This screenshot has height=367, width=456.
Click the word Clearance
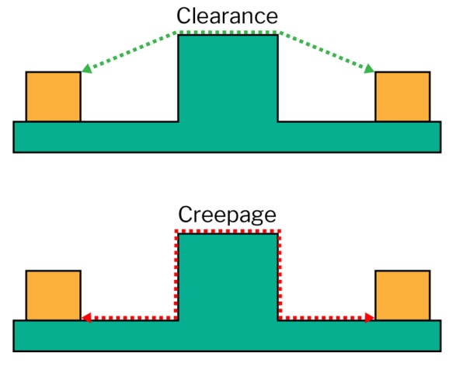click(227, 16)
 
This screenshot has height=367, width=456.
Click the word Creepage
click(227, 215)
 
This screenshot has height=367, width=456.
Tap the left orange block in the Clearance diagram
click(54, 96)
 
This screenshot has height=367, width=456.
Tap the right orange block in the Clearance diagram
click(402, 96)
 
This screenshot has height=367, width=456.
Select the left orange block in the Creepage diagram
click(54, 295)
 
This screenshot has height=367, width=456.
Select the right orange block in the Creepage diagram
click(402, 295)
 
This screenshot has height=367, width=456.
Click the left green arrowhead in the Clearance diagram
click(87, 68)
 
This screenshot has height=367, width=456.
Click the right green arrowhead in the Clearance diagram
click(369, 68)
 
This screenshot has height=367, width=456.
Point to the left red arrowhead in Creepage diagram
click(86, 317)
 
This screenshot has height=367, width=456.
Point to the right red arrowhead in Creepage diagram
click(370, 317)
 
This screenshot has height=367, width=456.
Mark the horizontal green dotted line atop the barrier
click(228, 32)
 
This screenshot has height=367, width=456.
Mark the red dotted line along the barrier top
click(228, 232)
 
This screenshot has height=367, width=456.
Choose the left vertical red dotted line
click(176, 274)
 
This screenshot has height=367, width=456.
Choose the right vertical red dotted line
click(280, 274)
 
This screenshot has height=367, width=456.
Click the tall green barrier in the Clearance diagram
click(228, 78)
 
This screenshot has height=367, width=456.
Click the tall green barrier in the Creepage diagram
click(228, 277)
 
